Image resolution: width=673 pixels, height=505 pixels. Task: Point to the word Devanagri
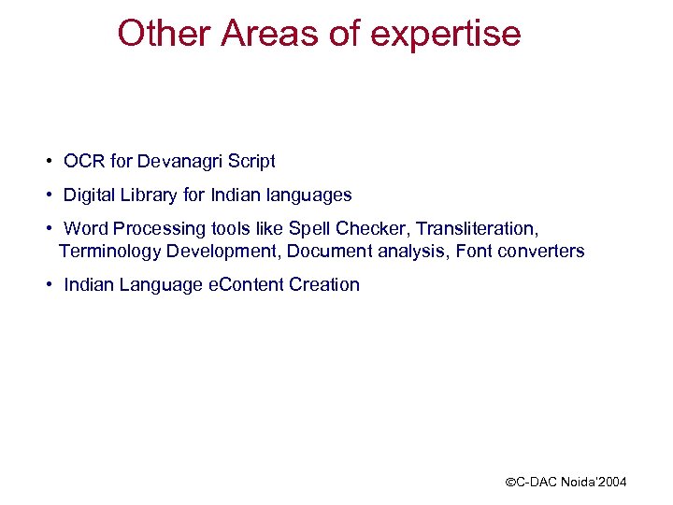click(x=181, y=162)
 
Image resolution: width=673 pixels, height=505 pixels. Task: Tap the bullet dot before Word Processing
click(x=48, y=229)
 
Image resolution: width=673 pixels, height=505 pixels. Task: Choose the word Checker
click(x=371, y=229)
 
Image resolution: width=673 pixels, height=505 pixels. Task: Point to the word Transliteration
click(x=477, y=229)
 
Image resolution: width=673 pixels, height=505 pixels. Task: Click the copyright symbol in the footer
click(x=510, y=483)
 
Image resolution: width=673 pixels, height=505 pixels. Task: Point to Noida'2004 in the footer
click(x=594, y=483)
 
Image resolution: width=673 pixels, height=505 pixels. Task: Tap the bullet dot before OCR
click(x=48, y=162)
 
